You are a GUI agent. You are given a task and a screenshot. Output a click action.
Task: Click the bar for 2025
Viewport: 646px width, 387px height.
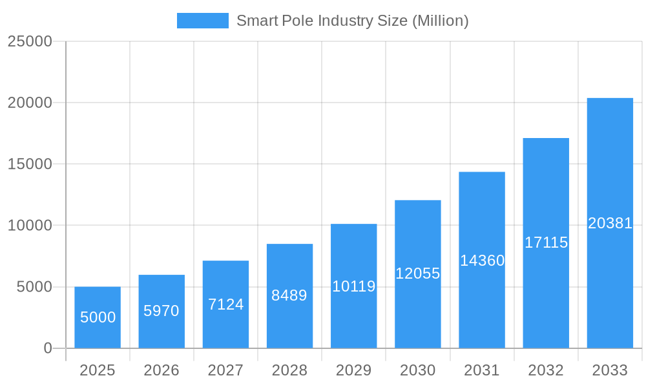pyautogui.click(x=98, y=317)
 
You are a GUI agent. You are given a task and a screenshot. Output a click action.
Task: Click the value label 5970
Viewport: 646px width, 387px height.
pyautogui.click(x=161, y=311)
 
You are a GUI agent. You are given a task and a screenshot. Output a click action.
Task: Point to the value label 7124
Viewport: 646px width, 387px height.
pyautogui.click(x=225, y=304)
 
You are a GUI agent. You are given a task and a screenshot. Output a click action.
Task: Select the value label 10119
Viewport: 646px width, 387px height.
pyautogui.click(x=354, y=286)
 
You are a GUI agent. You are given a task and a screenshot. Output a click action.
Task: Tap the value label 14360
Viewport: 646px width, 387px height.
pyautogui.click(x=482, y=261)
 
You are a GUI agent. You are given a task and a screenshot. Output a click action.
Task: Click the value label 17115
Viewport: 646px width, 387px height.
pyautogui.click(x=546, y=243)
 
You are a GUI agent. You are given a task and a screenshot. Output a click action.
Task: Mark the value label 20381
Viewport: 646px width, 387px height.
pyautogui.click(x=610, y=223)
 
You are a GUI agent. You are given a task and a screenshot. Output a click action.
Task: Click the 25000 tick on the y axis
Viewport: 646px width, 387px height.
pyautogui.click(x=30, y=41)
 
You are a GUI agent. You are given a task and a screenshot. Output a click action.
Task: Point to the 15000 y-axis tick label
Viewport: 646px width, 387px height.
pyautogui.click(x=30, y=164)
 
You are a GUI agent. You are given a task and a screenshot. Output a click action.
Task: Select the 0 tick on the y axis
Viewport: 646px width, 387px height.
pyautogui.click(x=48, y=348)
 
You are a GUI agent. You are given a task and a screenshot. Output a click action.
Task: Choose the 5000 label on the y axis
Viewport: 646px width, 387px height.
pyautogui.click(x=34, y=287)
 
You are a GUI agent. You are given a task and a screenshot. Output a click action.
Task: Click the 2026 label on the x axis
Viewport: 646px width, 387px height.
pyautogui.click(x=161, y=370)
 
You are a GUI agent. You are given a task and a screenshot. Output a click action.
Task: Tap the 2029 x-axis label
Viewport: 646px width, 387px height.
pyautogui.click(x=354, y=370)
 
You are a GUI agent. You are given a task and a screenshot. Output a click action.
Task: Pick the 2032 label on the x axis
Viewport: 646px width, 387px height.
pyautogui.click(x=546, y=370)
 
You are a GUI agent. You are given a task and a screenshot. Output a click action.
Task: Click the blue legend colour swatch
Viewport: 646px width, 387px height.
pyautogui.click(x=202, y=21)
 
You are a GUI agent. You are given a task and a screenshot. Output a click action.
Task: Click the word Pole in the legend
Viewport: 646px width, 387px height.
pyautogui.click(x=297, y=21)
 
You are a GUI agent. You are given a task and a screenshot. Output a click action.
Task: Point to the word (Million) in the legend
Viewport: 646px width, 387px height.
pyautogui.click(x=441, y=21)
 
